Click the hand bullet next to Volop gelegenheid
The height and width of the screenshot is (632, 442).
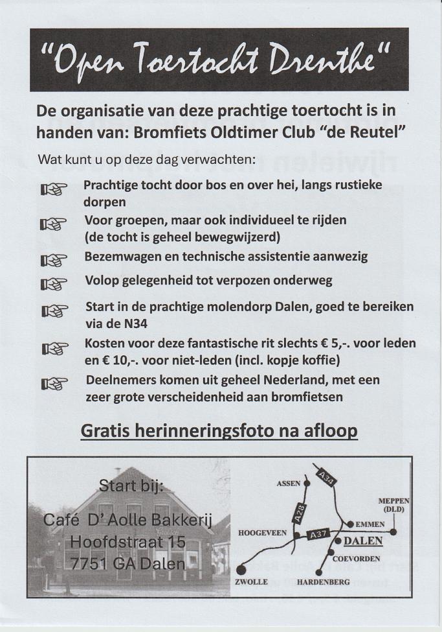[x=55, y=283]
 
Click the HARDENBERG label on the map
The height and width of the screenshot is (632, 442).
[x=323, y=582]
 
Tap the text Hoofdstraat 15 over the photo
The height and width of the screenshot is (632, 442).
[x=127, y=541]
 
